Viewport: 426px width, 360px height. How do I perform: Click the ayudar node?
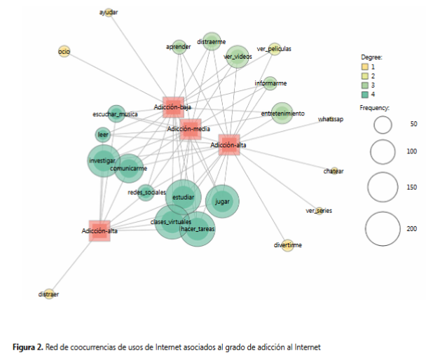(x=108, y=13)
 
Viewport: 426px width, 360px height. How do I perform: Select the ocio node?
(x=64, y=52)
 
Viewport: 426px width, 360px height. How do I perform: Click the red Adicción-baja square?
(x=172, y=106)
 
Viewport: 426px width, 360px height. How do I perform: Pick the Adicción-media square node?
(x=189, y=129)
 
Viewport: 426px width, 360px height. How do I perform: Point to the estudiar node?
(x=184, y=198)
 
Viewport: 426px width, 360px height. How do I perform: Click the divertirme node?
(x=288, y=245)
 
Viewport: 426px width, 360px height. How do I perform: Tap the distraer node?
(x=49, y=294)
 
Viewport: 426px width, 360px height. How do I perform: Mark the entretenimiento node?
(x=282, y=113)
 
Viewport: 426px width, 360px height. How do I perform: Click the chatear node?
(x=334, y=171)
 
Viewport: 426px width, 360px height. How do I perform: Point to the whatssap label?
(x=331, y=120)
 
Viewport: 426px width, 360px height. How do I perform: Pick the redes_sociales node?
(x=146, y=192)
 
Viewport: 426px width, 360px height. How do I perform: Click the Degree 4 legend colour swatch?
(x=355, y=95)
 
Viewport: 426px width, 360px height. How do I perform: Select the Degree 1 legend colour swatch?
(x=355, y=67)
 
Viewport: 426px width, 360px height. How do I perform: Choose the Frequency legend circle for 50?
(x=382, y=125)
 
